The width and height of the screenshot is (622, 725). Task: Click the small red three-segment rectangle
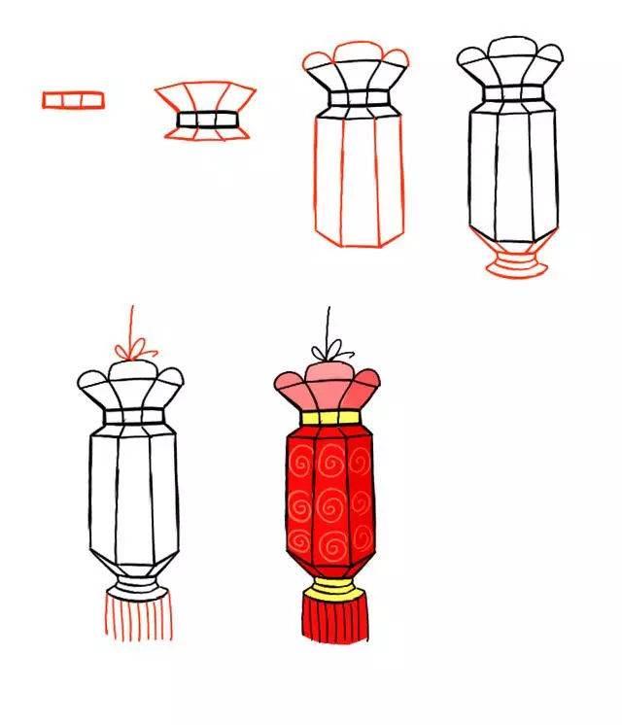pyautogui.click(x=73, y=99)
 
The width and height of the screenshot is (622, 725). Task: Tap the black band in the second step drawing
pyautogui.click(x=205, y=121)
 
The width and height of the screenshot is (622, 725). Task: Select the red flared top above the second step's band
pyautogui.click(x=205, y=97)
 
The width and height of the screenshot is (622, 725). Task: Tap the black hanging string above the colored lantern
pyautogui.click(x=328, y=326)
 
